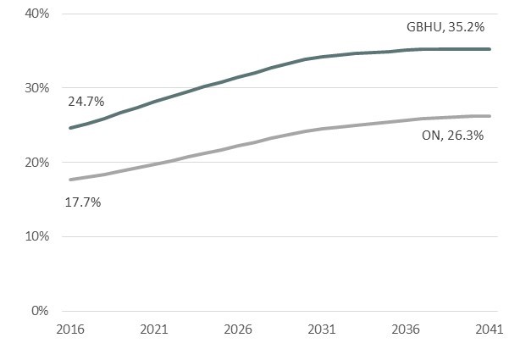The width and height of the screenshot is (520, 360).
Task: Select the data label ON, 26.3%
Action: [453, 134]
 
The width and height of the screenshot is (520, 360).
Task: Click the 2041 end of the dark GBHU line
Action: [490, 49]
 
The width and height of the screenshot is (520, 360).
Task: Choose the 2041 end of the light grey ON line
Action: [490, 116]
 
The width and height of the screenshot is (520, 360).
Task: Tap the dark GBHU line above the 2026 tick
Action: [237, 78]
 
